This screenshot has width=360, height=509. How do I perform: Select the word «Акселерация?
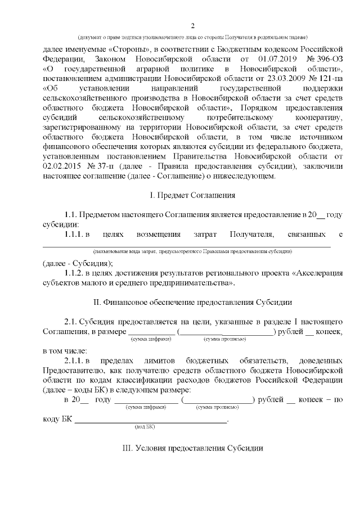pos(318,273)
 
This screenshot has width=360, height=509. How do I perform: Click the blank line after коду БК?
pos(151,420)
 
